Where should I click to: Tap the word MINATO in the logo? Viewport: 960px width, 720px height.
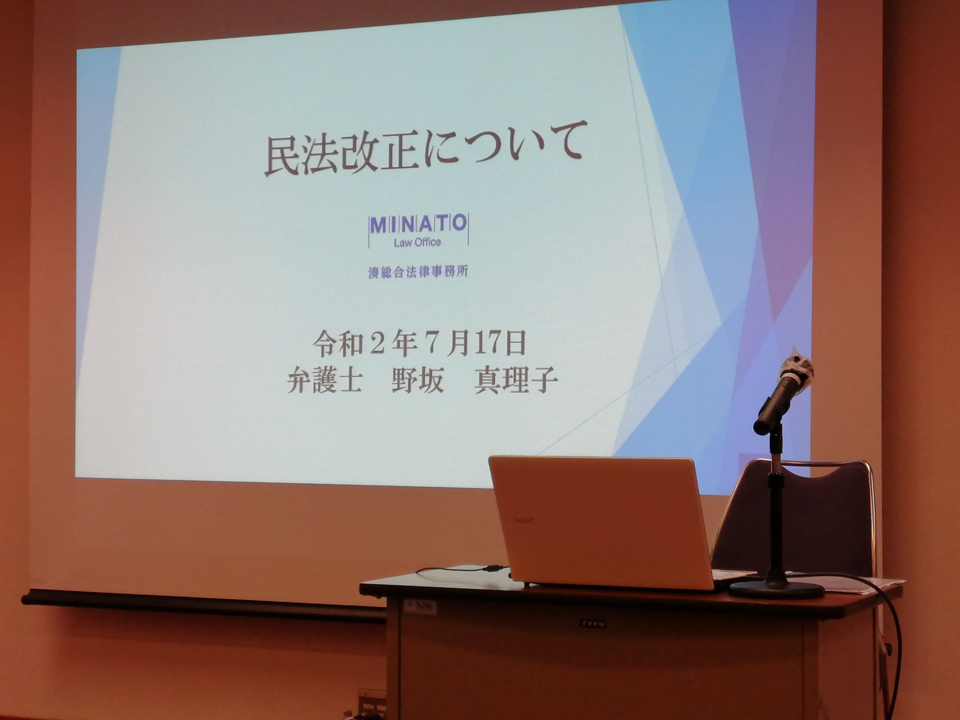[418, 224]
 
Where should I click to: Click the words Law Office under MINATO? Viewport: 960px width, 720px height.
[417, 242]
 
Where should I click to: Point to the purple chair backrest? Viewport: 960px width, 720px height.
[794, 516]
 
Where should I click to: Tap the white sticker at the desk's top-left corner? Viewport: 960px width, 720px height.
[415, 604]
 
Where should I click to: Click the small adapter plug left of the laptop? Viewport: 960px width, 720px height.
[494, 567]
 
